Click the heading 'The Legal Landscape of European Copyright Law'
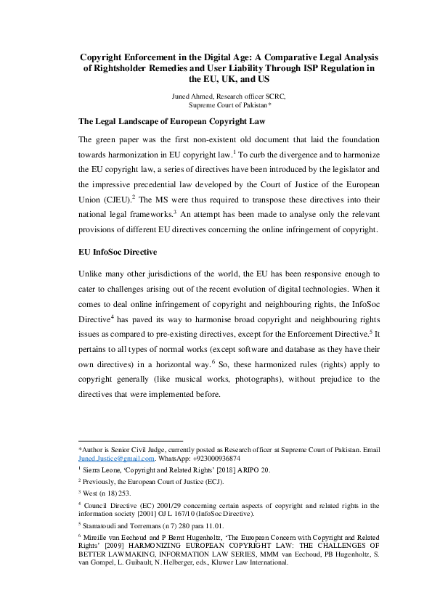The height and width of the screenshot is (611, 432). [x=173, y=121]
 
